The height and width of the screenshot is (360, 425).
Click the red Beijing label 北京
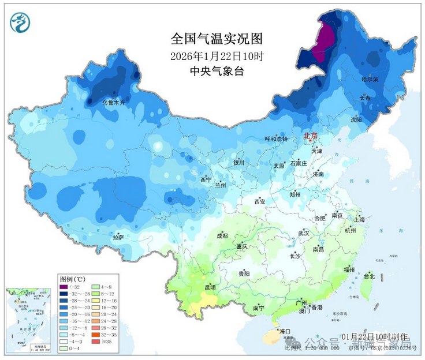click(x=311, y=136)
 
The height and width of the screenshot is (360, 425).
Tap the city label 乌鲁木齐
click(x=114, y=103)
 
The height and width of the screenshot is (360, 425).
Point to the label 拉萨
click(x=118, y=237)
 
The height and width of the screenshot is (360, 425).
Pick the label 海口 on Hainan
click(x=284, y=332)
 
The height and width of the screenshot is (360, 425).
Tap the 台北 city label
click(x=368, y=277)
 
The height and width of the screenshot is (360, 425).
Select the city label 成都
click(x=222, y=236)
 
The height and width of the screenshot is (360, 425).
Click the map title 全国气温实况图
click(x=217, y=39)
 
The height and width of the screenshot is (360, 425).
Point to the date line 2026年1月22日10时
click(x=217, y=56)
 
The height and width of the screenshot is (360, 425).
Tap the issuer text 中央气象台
click(x=217, y=71)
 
